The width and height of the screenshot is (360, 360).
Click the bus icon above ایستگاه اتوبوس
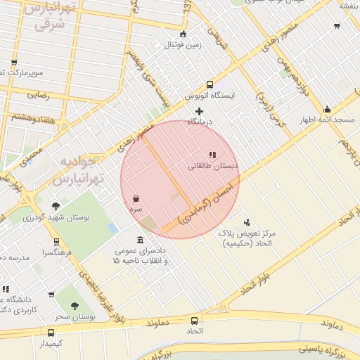(x=210, y=84)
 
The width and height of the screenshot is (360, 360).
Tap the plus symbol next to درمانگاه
(x=200, y=111)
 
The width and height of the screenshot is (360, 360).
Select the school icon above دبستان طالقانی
(x=212, y=155)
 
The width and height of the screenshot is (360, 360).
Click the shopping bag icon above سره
(x=136, y=199)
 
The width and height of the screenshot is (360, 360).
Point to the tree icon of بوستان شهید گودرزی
(x=56, y=206)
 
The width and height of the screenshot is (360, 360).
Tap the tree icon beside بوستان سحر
(x=75, y=306)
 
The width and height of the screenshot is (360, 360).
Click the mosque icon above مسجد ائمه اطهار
(x=327, y=109)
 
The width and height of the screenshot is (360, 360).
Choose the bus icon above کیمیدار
(x=51, y=333)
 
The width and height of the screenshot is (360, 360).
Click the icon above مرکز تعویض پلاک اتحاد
(x=246, y=222)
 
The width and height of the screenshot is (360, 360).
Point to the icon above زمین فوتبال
(x=184, y=34)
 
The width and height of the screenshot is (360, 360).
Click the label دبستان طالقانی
(x=212, y=167)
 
